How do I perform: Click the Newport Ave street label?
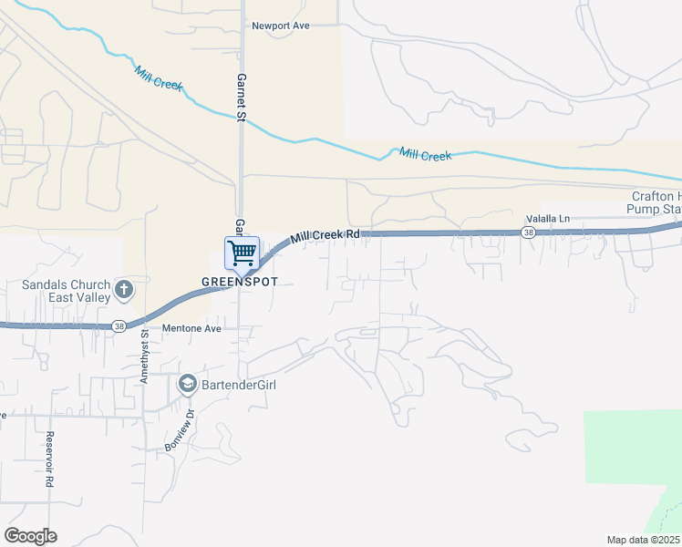click(x=281, y=26)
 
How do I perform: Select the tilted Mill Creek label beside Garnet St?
click(x=159, y=78)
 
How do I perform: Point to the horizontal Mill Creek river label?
click(x=426, y=156)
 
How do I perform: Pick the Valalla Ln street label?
click(x=547, y=219)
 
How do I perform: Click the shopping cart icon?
click(x=243, y=252)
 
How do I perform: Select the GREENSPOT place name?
click(x=240, y=281)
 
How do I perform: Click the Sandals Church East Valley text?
click(x=67, y=291)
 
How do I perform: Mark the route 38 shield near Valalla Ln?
click(x=529, y=233)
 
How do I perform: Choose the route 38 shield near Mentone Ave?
click(x=119, y=325)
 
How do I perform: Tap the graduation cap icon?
click(x=188, y=385)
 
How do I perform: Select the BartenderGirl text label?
click(x=239, y=385)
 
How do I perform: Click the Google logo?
click(x=30, y=536)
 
